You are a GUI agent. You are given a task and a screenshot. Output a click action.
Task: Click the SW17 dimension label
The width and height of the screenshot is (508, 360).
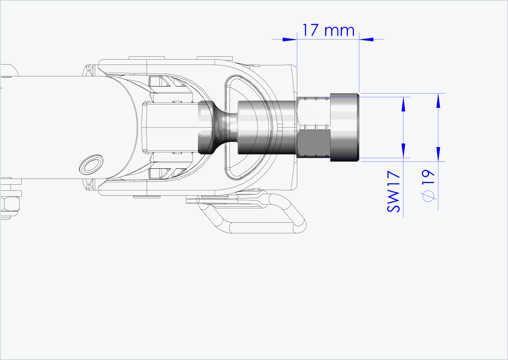[393, 192]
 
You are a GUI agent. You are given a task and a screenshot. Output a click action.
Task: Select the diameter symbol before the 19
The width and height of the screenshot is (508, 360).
[428, 197]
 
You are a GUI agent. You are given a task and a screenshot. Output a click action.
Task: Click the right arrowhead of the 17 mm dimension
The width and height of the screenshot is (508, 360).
[367, 39]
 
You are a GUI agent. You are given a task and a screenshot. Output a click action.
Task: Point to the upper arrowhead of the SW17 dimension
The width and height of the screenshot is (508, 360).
[403, 104]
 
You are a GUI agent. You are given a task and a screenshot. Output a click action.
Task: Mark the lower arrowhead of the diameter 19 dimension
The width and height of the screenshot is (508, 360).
[438, 154]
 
